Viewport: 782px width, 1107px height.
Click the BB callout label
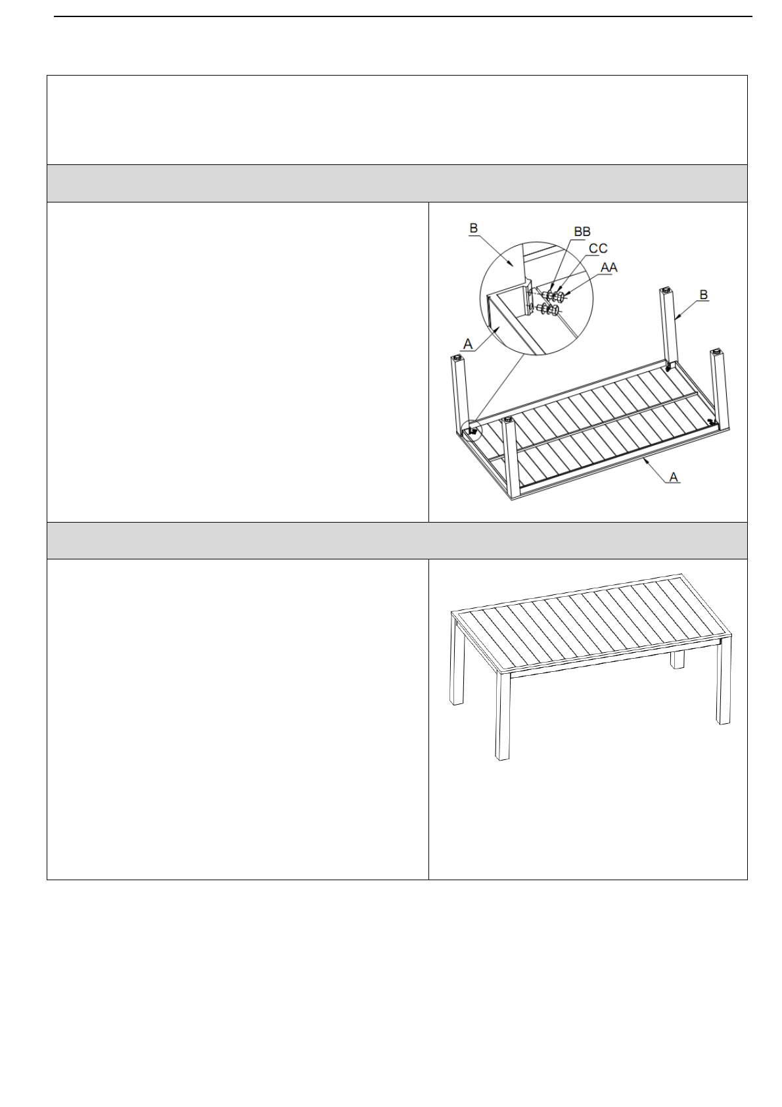582,231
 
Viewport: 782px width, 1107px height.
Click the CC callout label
598,248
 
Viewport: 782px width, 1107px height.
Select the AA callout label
609,268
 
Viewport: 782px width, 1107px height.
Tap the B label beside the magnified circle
473,228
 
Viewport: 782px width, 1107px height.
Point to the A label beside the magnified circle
468,344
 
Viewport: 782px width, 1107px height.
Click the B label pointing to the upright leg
703,295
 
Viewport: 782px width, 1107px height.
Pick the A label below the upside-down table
673,477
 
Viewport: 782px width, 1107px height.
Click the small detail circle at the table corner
471,429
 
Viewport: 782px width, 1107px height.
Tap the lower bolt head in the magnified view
556,311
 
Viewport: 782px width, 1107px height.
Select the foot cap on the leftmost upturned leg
457,358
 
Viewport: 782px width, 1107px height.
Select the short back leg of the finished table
678,659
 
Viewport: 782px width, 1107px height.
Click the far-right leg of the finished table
724,681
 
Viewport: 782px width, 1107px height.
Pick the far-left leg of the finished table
457,659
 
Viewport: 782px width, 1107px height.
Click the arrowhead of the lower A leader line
644,461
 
